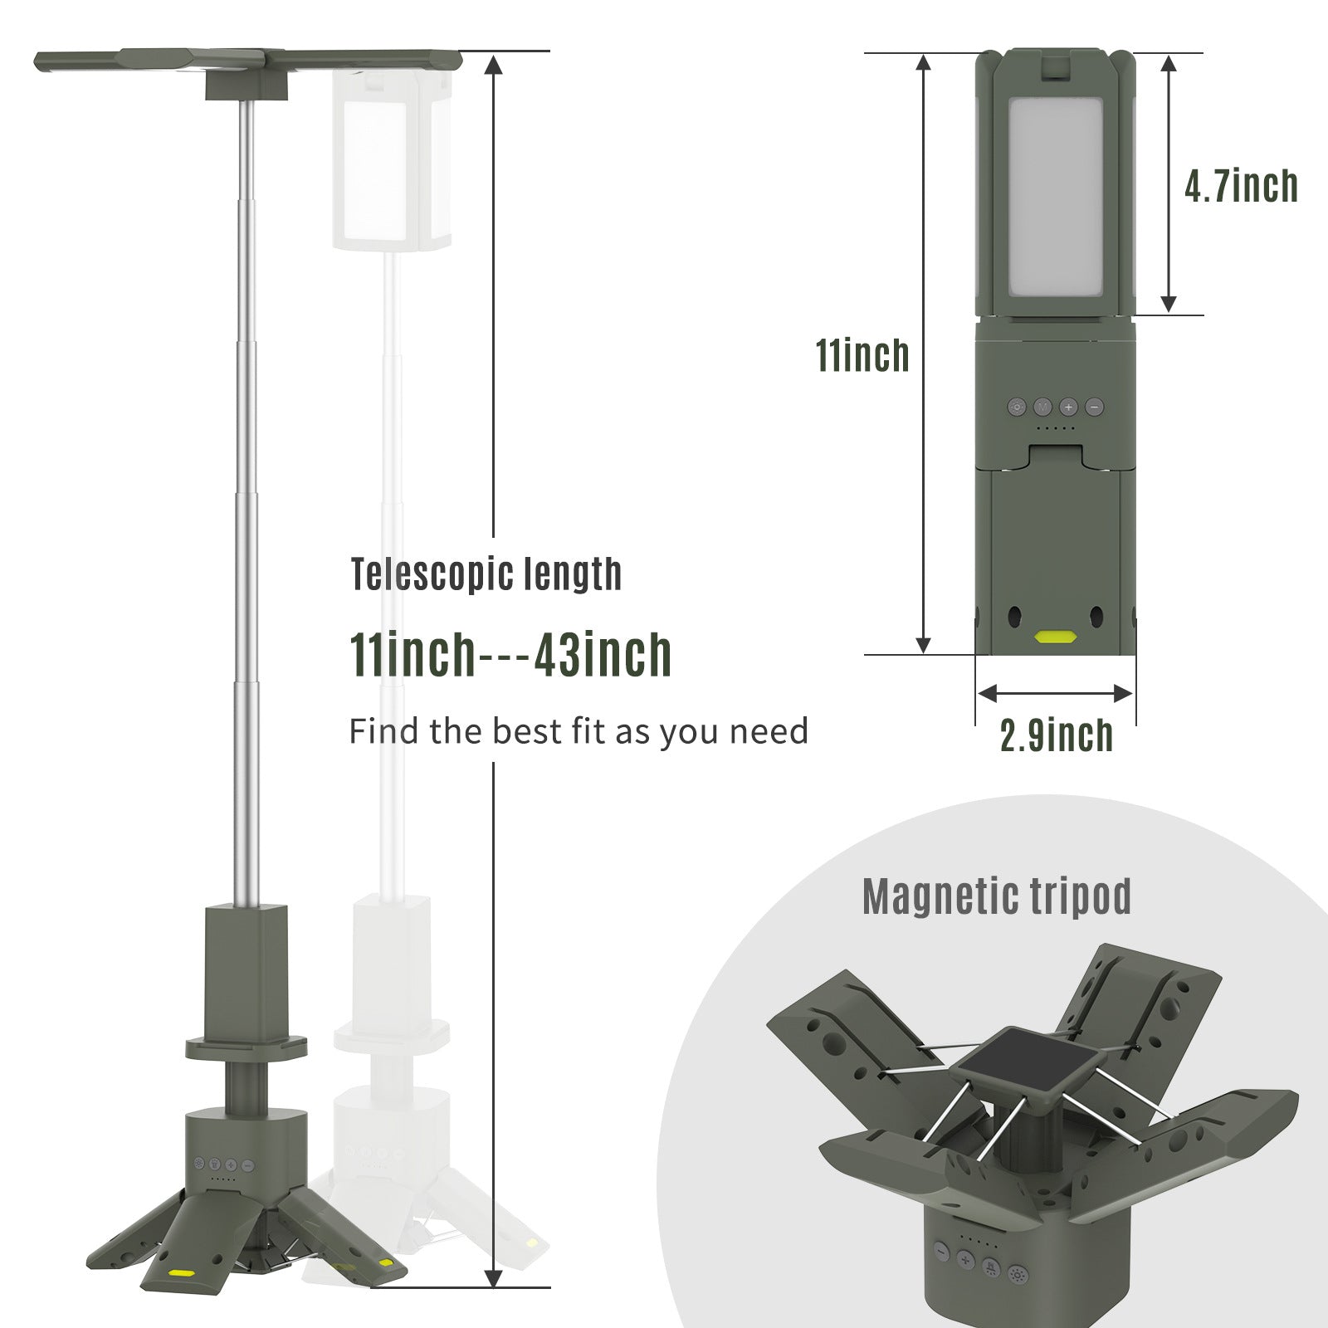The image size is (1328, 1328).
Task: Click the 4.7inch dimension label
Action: (1240, 185)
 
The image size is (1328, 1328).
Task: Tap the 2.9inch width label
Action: (1056, 735)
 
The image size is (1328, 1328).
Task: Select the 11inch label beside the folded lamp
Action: (862, 355)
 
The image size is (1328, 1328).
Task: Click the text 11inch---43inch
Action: (510, 655)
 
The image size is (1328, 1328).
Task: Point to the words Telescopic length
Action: (486, 574)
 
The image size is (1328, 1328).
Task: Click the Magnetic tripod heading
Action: (996, 896)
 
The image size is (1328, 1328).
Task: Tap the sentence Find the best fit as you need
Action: (578, 732)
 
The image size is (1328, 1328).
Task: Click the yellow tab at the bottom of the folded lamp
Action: (1055, 637)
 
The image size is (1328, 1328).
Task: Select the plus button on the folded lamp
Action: (1068, 408)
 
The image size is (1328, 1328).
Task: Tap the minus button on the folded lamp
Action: (1094, 408)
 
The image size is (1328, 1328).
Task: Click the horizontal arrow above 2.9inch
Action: (1055, 693)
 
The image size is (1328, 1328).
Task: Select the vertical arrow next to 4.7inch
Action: (1169, 184)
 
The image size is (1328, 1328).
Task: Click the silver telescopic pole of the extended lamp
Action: (246, 498)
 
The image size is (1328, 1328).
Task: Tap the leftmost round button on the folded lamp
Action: (1017, 408)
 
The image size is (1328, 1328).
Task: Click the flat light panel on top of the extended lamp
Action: (249, 61)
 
